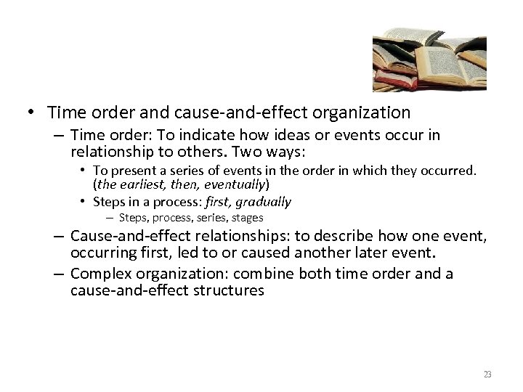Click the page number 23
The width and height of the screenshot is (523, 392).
pos(487,375)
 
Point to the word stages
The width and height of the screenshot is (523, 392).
pos(247,218)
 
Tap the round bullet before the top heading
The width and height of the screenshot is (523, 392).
pos(29,113)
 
